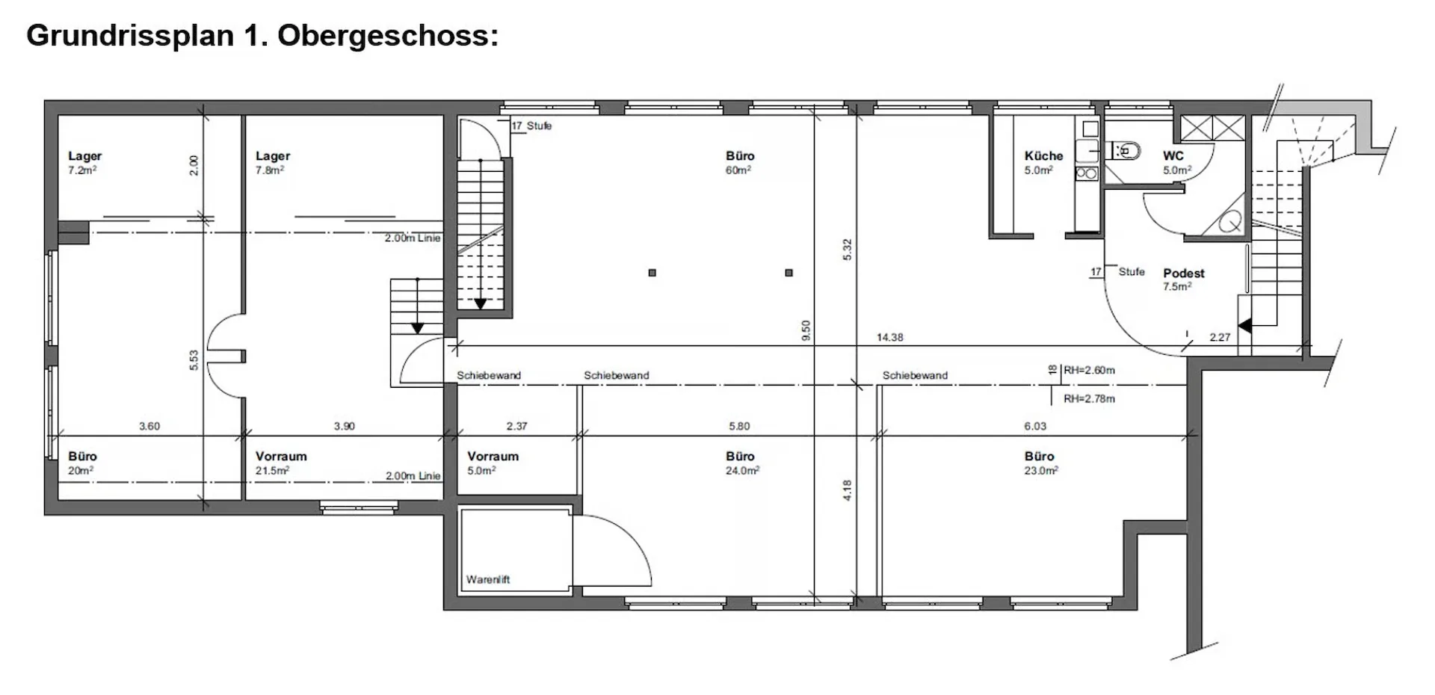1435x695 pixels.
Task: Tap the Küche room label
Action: (x=1043, y=156)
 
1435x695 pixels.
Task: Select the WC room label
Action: (x=1173, y=156)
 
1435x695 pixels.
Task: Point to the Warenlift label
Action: (x=488, y=579)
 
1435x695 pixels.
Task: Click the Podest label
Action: (x=1184, y=274)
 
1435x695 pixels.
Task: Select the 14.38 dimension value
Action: (x=889, y=338)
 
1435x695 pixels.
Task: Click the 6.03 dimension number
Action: (x=1035, y=427)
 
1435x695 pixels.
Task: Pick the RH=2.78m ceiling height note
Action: (x=1089, y=399)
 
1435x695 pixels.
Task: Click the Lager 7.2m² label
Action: (x=84, y=162)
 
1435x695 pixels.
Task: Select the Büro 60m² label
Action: (x=740, y=162)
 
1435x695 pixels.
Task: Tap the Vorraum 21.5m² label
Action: (x=281, y=463)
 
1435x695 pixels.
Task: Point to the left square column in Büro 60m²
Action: (x=652, y=273)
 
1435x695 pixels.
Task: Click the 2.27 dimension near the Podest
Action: (x=1220, y=338)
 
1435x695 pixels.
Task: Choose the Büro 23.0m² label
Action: (x=1040, y=463)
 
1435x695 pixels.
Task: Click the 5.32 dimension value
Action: (x=847, y=250)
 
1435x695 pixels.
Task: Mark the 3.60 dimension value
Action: (x=149, y=427)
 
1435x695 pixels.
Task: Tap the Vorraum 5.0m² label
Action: (x=493, y=463)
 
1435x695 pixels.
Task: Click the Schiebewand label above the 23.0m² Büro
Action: (x=915, y=376)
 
